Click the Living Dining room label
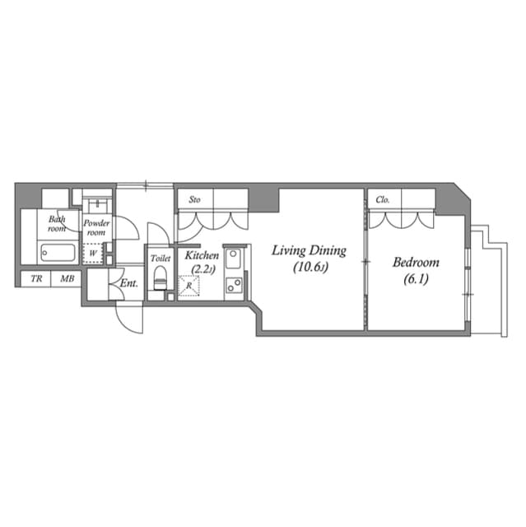click(x=309, y=250)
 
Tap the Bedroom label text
click(x=416, y=263)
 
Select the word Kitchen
click(x=202, y=255)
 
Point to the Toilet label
click(x=161, y=258)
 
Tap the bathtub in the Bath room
click(x=58, y=252)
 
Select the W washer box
click(x=94, y=253)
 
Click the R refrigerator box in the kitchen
click(x=190, y=285)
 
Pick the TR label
click(x=36, y=279)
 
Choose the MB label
click(x=66, y=279)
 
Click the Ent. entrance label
click(x=129, y=284)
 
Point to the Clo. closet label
click(x=383, y=199)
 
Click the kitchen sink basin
click(x=233, y=259)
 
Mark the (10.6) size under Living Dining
click(x=309, y=267)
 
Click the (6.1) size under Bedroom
click(x=416, y=279)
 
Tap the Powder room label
click(x=96, y=227)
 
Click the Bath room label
click(x=57, y=223)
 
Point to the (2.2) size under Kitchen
click(x=202, y=269)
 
